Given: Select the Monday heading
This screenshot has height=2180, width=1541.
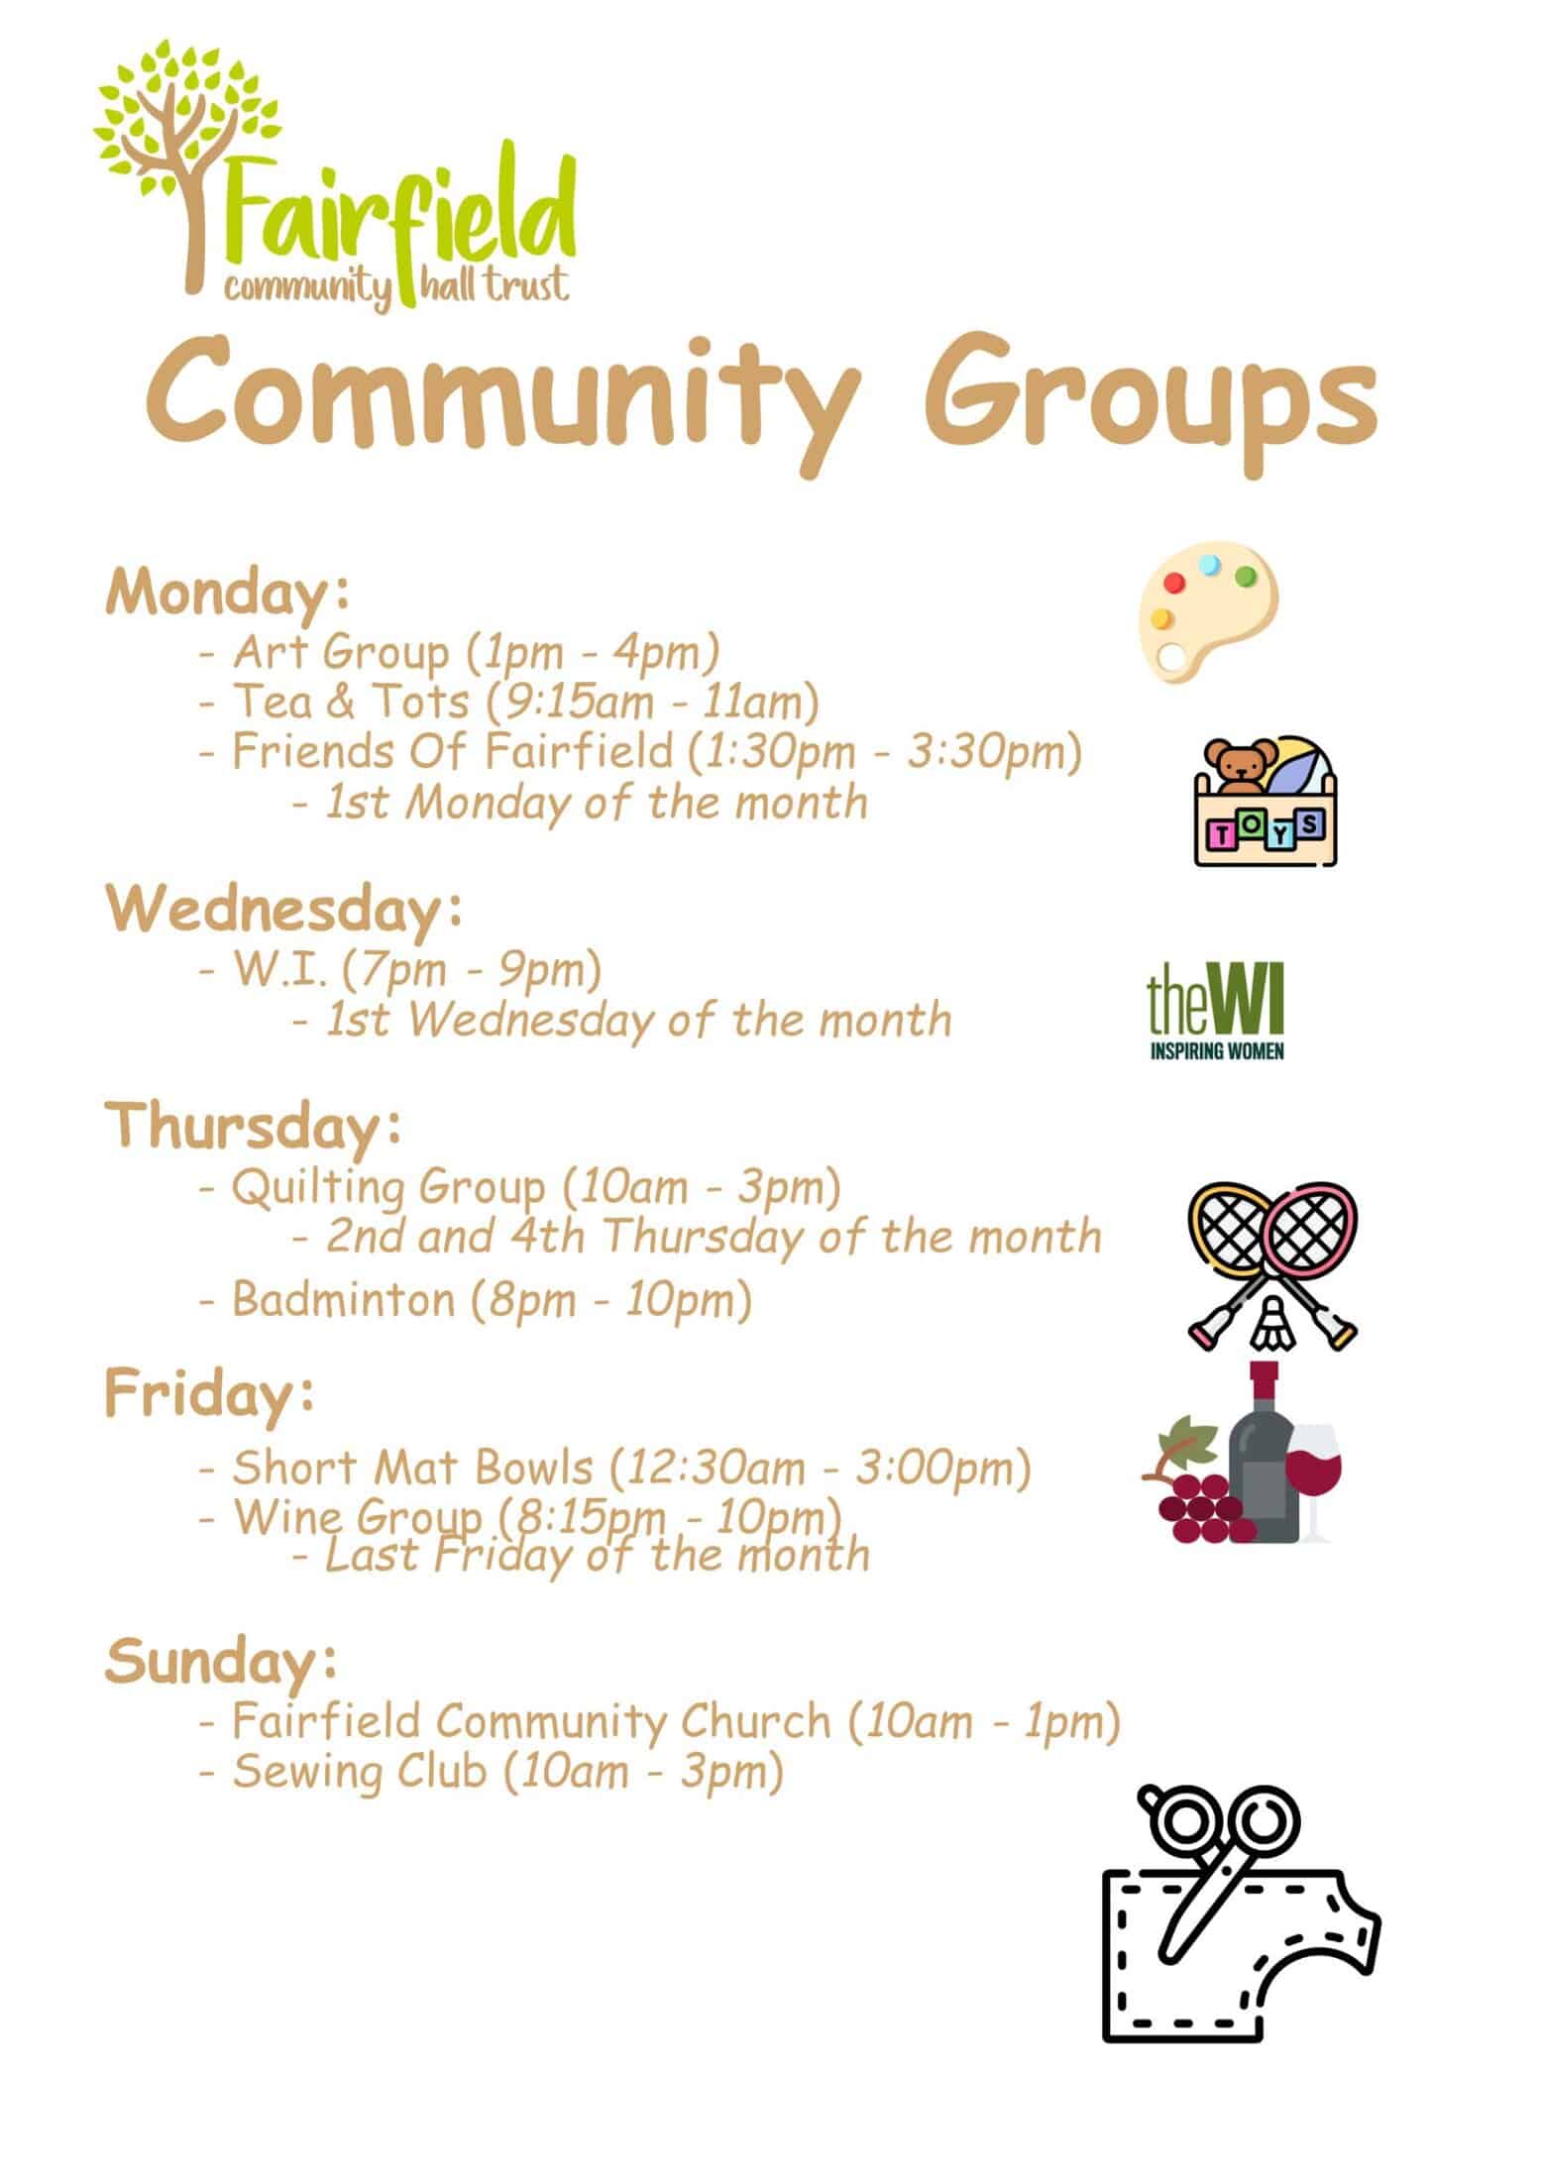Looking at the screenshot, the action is [228, 594].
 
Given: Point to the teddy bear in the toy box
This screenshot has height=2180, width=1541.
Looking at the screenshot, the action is [1238, 769].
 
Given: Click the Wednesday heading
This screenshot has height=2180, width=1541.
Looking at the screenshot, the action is [284, 910].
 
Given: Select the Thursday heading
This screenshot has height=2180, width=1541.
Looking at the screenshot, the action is [255, 1127].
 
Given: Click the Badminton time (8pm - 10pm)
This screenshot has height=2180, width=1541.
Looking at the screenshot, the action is [611, 1299].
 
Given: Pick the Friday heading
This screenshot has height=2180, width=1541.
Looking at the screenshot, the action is [211, 1393].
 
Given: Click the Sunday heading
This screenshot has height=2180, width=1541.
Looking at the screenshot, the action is [221, 1662].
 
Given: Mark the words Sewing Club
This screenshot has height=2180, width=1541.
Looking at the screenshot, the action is [359, 1772].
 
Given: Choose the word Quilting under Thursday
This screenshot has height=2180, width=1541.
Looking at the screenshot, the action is [318, 1188].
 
